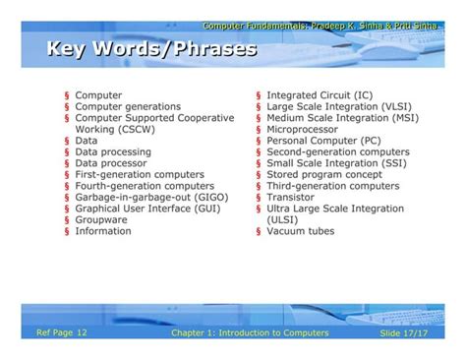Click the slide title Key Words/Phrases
pyautogui.click(x=150, y=49)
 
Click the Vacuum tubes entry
pyautogui.click(x=300, y=231)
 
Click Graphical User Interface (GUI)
pyautogui.click(x=147, y=209)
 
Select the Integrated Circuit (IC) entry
pyautogui.click(x=320, y=95)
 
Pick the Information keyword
pyautogui.click(x=103, y=231)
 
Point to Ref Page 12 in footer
pyautogui.click(x=62, y=333)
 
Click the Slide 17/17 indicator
pyautogui.click(x=405, y=334)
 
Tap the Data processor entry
pyautogui.click(x=112, y=163)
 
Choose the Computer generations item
pyautogui.click(x=128, y=106)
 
